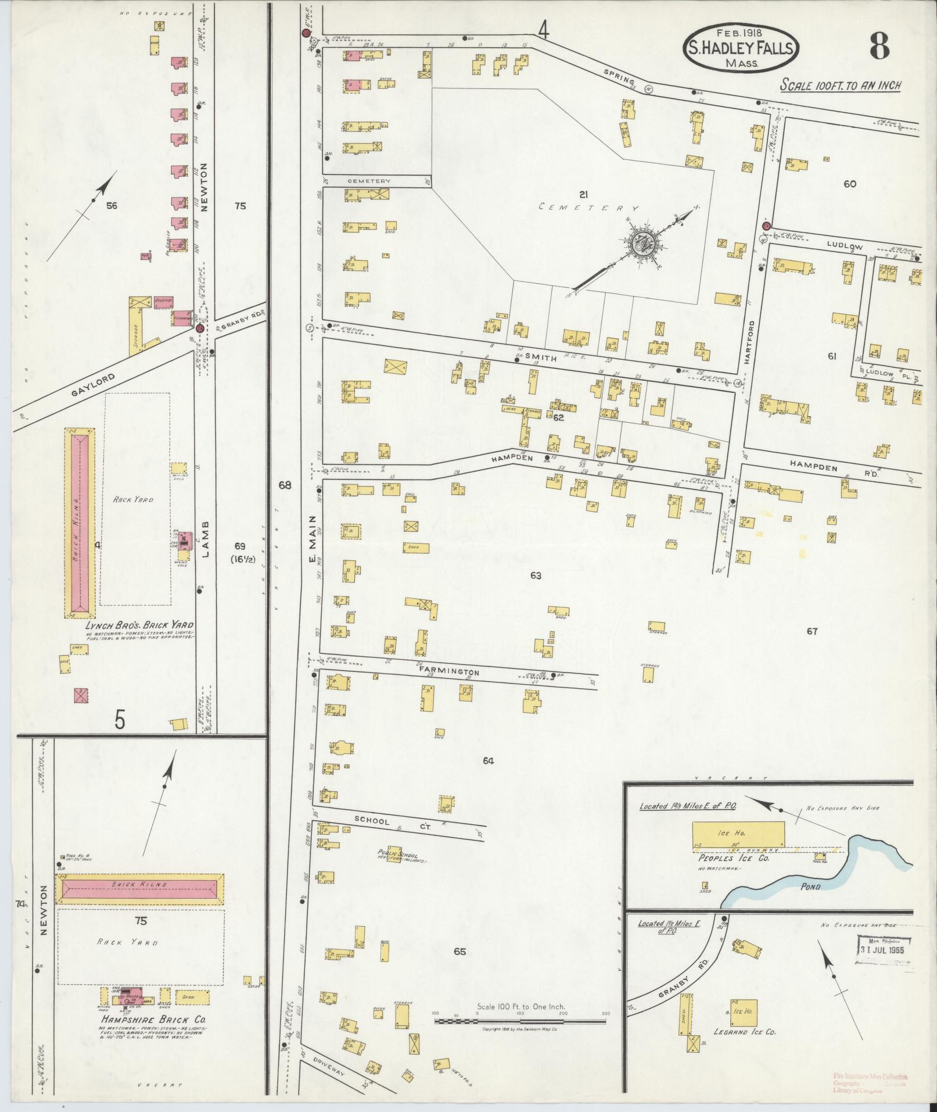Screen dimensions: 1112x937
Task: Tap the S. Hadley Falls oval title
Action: click(x=740, y=49)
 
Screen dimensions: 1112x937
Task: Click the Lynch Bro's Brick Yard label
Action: click(x=139, y=625)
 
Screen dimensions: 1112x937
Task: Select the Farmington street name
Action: click(x=449, y=670)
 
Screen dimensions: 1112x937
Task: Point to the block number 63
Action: click(x=536, y=575)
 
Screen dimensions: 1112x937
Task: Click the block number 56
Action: click(x=112, y=206)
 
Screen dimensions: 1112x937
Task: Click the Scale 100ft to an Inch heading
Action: click(x=841, y=85)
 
